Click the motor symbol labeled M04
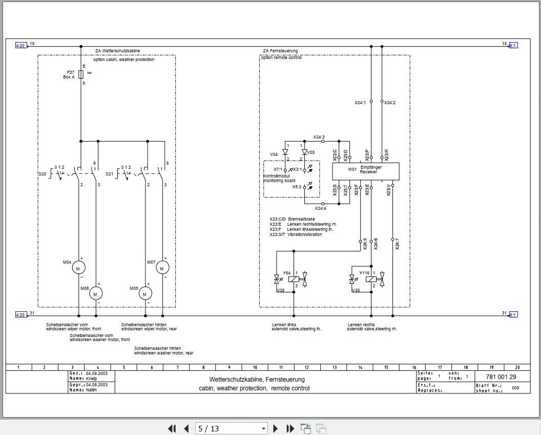pos(78,268)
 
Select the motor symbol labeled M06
pos(96,293)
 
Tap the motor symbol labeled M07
pos(162,268)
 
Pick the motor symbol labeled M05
pos(145,293)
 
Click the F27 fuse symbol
pos(81,74)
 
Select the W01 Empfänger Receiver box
pos(365,170)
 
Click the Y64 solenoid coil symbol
pos(294,279)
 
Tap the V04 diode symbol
pos(285,152)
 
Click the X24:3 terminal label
pos(319,137)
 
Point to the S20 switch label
pos(42,174)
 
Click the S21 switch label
pos(109,174)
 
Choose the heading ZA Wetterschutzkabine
pos(117,51)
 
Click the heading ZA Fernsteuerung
pos(280,51)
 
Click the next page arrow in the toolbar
pos(275,428)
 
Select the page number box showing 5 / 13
pos(232,428)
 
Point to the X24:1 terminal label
pos(360,103)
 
